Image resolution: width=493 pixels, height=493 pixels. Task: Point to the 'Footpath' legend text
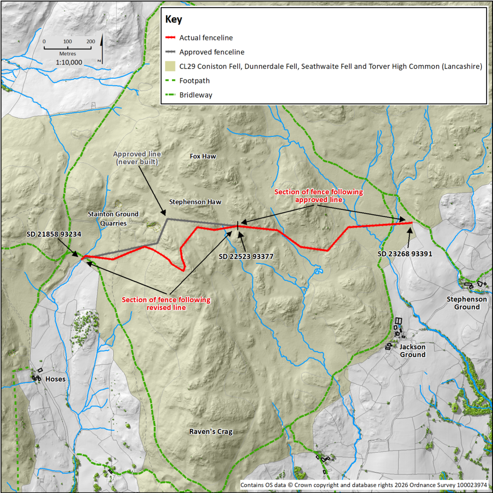[195, 81]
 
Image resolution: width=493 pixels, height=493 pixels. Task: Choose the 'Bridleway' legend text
[196, 95]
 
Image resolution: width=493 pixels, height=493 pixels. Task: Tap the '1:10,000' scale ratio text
[69, 63]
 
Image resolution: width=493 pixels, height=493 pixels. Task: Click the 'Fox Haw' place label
[203, 156]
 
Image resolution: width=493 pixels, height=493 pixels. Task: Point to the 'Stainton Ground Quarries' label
[113, 219]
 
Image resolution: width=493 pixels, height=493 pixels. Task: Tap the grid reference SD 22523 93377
[246, 257]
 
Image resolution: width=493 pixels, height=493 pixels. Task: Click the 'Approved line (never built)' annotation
[137, 158]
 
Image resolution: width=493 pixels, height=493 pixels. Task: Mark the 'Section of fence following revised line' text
[166, 304]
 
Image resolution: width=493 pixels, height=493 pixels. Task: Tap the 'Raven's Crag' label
[211, 432]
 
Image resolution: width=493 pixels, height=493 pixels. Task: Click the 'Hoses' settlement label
[55, 379]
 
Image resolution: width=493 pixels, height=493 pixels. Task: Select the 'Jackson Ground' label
[413, 350]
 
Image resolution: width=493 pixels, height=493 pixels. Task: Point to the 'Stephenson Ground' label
[467, 303]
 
